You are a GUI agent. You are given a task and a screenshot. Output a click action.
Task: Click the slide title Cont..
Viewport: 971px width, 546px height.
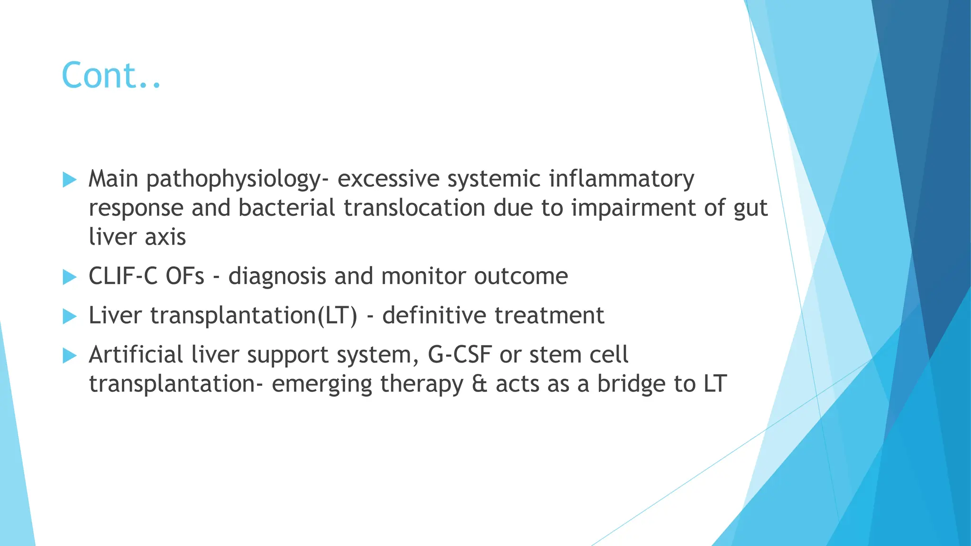[111, 76]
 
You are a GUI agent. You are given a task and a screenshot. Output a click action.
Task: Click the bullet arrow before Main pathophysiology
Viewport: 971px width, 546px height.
[69, 180]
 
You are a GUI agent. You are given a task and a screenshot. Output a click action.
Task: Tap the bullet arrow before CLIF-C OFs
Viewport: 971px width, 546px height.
[69, 277]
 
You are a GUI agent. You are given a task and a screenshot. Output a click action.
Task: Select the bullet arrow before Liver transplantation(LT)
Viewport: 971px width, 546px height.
[69, 316]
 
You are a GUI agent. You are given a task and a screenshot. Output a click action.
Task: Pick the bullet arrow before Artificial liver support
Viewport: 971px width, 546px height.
[69, 355]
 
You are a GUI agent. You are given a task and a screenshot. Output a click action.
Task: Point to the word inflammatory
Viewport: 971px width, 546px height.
[621, 179]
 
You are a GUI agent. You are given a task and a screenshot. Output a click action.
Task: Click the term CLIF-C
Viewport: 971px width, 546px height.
[123, 276]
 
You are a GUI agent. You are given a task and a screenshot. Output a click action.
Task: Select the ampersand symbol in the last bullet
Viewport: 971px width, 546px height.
[479, 384]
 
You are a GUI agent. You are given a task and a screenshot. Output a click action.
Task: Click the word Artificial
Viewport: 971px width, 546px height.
[136, 355]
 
